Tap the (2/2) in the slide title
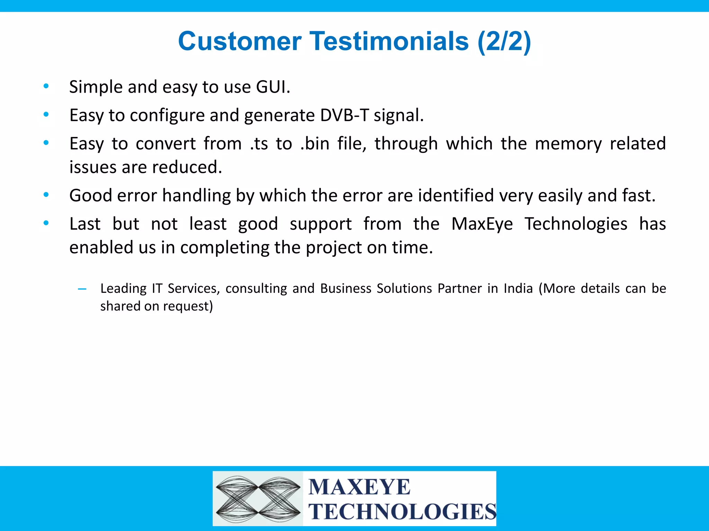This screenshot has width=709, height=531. [x=504, y=41]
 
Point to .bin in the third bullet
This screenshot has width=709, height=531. [x=315, y=143]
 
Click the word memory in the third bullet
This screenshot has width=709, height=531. [x=568, y=143]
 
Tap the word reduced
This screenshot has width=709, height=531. [x=187, y=167]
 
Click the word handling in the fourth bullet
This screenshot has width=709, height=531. [x=196, y=196]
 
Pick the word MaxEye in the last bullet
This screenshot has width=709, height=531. [x=482, y=224]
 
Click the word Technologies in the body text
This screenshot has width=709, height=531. [x=576, y=224]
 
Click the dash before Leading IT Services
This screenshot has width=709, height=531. [x=82, y=289]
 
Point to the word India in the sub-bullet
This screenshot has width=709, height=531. [x=518, y=289]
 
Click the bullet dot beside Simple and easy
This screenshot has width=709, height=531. [x=46, y=86]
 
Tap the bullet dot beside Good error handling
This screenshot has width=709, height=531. [x=46, y=195]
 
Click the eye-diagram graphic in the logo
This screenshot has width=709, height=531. [x=258, y=499]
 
